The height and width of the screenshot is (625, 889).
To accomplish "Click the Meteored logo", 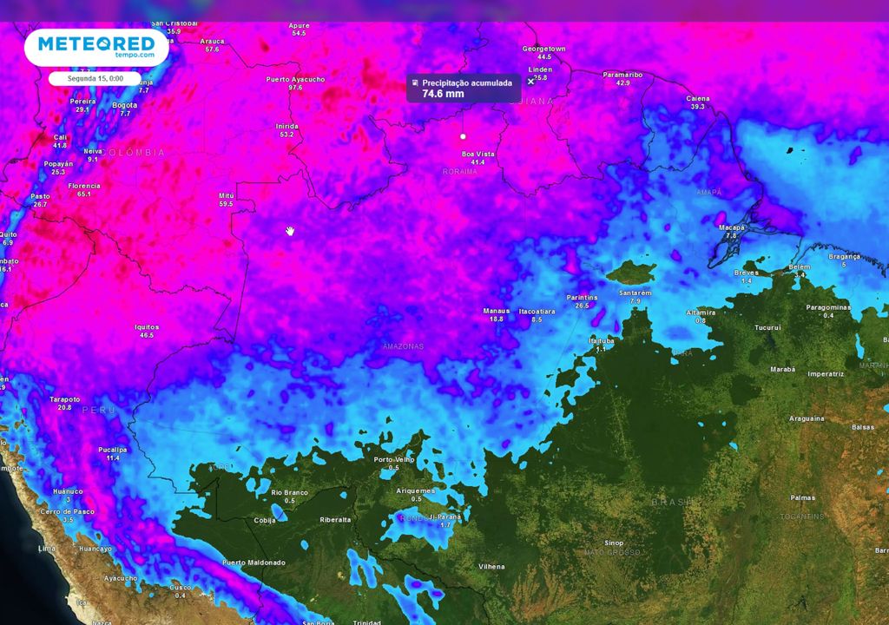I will click(x=95, y=46).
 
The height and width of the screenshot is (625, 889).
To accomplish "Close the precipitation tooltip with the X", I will click(x=530, y=82).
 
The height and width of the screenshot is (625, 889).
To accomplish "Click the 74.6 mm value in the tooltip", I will click(x=437, y=94).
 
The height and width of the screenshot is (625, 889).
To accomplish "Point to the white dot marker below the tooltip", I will click(x=463, y=136).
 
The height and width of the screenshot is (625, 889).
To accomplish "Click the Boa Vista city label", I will click(x=477, y=154).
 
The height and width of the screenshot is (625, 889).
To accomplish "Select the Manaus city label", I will click(x=496, y=310).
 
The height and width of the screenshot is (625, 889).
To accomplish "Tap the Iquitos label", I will click(x=146, y=326).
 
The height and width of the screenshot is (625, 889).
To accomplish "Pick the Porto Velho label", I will click(x=393, y=459).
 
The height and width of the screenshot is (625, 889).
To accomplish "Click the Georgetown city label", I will click(x=543, y=49).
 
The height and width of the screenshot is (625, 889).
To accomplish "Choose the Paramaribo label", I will click(x=622, y=75).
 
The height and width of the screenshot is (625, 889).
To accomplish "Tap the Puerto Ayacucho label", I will click(x=295, y=79).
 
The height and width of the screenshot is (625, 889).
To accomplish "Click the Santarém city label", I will click(x=635, y=293).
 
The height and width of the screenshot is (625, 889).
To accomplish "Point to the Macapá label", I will click(x=732, y=227).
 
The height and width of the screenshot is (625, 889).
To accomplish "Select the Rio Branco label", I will click(x=289, y=492).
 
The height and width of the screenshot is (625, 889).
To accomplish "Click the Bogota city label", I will click(x=125, y=105).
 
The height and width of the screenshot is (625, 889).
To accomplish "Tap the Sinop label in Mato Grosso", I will click(x=614, y=542).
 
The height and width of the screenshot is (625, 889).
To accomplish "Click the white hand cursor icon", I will click(x=291, y=230).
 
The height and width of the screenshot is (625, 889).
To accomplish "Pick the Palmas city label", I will click(x=803, y=497).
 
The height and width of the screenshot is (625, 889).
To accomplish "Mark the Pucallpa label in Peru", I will click(x=112, y=449).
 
